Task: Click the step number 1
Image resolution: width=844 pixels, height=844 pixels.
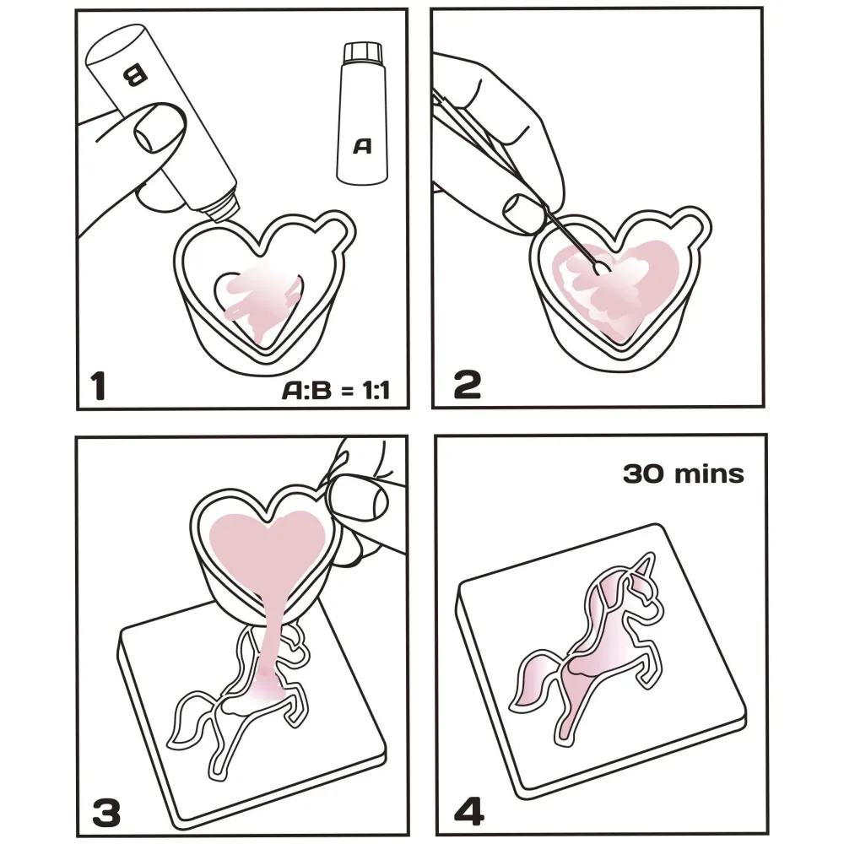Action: point(98,386)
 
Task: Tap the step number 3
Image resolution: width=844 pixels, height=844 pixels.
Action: point(106,811)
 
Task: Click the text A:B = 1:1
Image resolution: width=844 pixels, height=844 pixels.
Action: point(336,390)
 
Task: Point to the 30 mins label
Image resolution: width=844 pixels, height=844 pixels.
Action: point(683,474)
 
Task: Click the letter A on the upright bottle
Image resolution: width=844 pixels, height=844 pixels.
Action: point(362,146)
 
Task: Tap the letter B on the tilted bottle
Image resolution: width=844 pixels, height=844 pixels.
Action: point(133,75)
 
